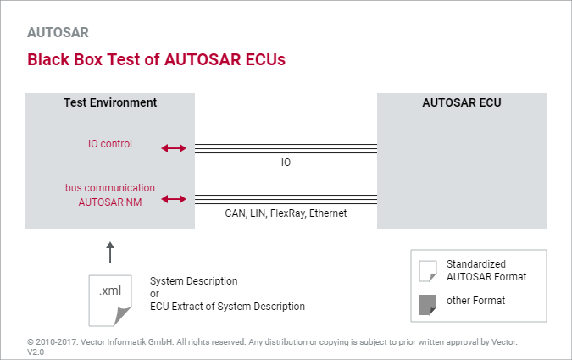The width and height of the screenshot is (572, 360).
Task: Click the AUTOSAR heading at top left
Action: click(58, 33)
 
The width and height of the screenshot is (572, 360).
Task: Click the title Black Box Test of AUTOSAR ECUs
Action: click(156, 60)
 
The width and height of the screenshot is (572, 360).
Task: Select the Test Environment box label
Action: click(110, 102)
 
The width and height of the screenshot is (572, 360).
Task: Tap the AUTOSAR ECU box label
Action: click(461, 102)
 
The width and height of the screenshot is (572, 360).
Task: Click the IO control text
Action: click(110, 144)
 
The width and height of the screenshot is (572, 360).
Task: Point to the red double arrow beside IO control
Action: click(173, 148)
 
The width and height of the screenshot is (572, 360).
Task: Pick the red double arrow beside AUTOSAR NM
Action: click(173, 199)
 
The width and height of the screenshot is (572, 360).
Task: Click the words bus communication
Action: click(110, 187)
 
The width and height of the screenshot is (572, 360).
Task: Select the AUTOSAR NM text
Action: click(110, 202)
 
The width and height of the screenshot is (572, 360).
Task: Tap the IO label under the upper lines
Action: click(286, 162)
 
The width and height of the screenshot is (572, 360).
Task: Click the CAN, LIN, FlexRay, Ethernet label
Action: click(286, 213)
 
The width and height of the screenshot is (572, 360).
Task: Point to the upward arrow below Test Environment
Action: click(110, 252)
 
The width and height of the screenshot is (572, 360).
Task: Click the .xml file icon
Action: click(110, 299)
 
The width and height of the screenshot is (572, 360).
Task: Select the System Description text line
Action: click(194, 280)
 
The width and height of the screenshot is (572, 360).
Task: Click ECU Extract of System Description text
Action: click(227, 307)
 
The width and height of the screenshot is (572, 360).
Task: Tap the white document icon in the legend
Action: click(427, 270)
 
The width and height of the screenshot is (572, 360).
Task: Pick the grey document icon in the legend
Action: click(427, 303)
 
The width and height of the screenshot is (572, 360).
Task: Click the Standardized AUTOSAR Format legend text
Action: click(486, 270)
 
